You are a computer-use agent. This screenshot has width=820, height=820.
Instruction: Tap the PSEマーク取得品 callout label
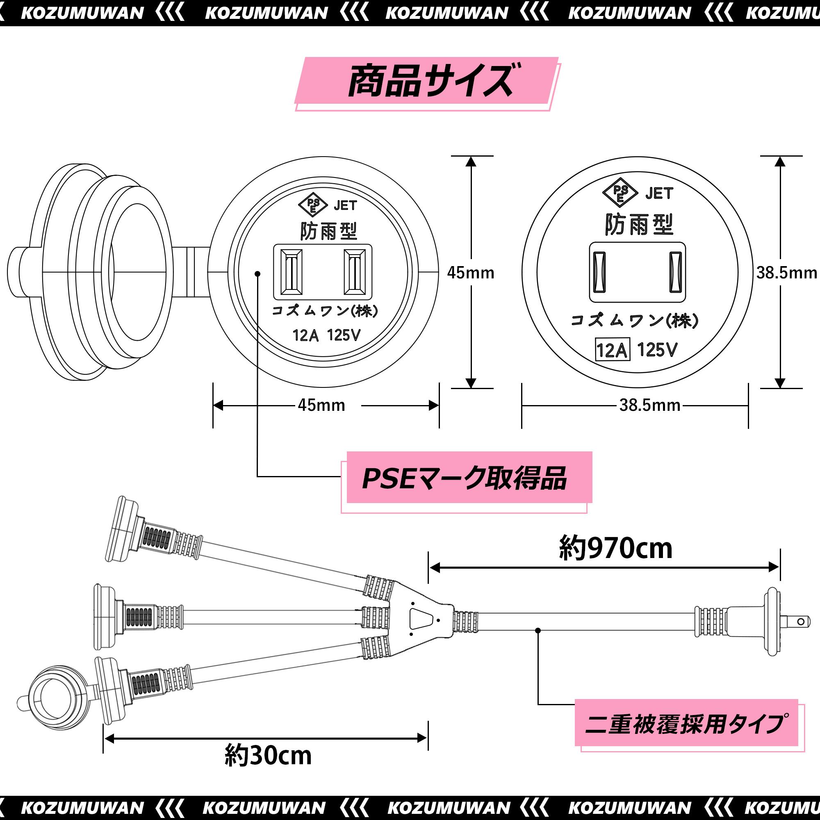[x=467, y=479]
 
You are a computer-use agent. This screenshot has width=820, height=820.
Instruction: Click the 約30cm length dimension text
[x=268, y=756]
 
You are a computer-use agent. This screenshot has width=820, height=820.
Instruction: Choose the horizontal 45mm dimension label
[x=321, y=405]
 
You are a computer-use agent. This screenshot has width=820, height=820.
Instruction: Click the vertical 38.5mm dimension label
[x=786, y=273]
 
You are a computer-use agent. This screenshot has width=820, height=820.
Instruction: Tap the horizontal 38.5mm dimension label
[x=650, y=405]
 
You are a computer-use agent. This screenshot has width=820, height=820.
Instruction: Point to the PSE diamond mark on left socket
[x=313, y=205]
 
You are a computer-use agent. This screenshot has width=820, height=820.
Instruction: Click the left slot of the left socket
[x=291, y=272]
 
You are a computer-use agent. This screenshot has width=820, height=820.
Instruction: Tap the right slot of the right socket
[x=675, y=272]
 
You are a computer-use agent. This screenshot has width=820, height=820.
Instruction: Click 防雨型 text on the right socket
[x=639, y=225]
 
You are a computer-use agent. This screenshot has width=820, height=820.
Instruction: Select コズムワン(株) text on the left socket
[x=325, y=311]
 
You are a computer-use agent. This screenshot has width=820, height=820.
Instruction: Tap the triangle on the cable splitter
[x=420, y=619]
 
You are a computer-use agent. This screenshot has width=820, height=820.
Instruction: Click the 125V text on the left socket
[x=344, y=335]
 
